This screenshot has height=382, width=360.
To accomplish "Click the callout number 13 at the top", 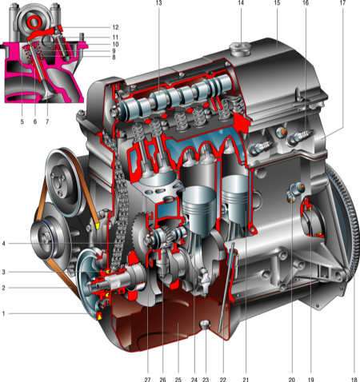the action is [159, 2].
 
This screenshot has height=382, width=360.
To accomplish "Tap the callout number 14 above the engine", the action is [241, 2].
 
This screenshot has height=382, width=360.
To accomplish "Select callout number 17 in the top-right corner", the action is [342, 2].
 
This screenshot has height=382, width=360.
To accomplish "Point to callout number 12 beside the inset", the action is [115, 27].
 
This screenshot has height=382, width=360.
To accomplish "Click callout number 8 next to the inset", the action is [114, 57].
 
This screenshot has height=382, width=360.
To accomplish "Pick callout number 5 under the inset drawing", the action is [22, 121].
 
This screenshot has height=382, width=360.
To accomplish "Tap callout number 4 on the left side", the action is [3, 244].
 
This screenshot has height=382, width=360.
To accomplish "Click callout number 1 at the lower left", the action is [3, 313].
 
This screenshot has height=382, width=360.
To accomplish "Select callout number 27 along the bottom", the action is [147, 380].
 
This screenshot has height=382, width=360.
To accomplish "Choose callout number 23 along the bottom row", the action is [206, 380].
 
